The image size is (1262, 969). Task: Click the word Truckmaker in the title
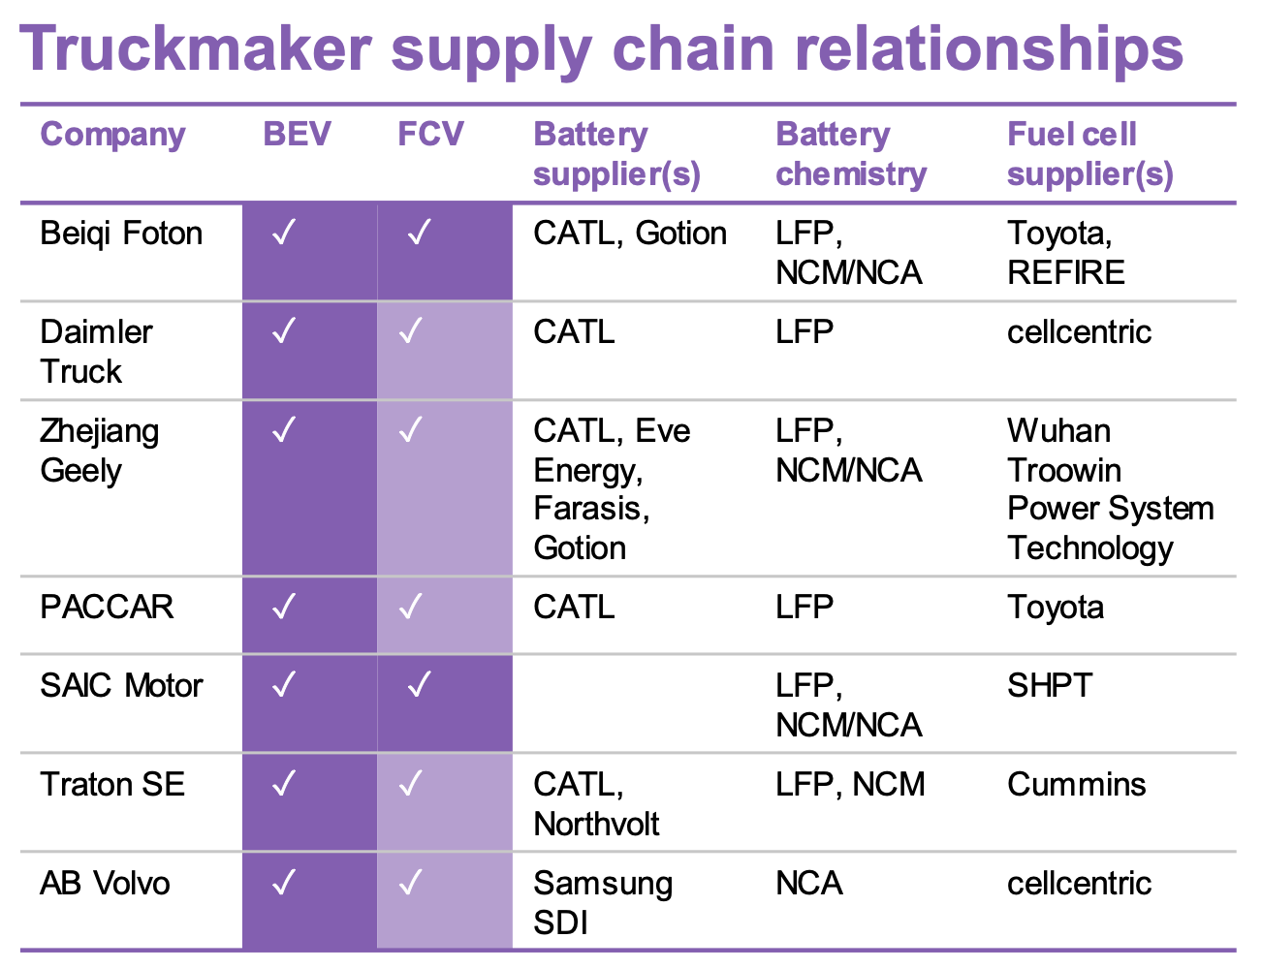(x=196, y=48)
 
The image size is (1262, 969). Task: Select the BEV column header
(x=297, y=134)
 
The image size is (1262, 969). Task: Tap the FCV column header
(x=431, y=134)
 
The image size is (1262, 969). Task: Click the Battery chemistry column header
(x=851, y=154)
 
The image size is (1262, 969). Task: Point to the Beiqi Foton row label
(x=121, y=234)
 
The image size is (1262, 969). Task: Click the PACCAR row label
(x=107, y=608)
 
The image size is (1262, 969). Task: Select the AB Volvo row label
(x=105, y=883)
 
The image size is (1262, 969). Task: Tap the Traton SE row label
(x=112, y=784)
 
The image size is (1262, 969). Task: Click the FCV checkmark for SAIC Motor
(x=420, y=684)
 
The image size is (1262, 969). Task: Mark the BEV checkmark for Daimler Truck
(x=284, y=330)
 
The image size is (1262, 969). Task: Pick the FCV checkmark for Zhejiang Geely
(x=411, y=429)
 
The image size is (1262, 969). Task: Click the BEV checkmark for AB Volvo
(x=284, y=882)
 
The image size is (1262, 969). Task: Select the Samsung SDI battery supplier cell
(x=603, y=903)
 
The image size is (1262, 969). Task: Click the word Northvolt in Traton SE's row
(x=596, y=824)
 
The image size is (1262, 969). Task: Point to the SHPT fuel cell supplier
(x=1050, y=686)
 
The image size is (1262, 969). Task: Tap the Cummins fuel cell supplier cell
(x=1077, y=784)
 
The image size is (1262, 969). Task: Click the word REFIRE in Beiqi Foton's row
(x=1066, y=272)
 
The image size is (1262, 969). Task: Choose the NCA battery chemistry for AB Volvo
(x=809, y=883)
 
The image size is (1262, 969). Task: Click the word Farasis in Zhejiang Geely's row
(x=591, y=509)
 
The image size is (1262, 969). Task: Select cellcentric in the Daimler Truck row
(x=1079, y=332)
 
